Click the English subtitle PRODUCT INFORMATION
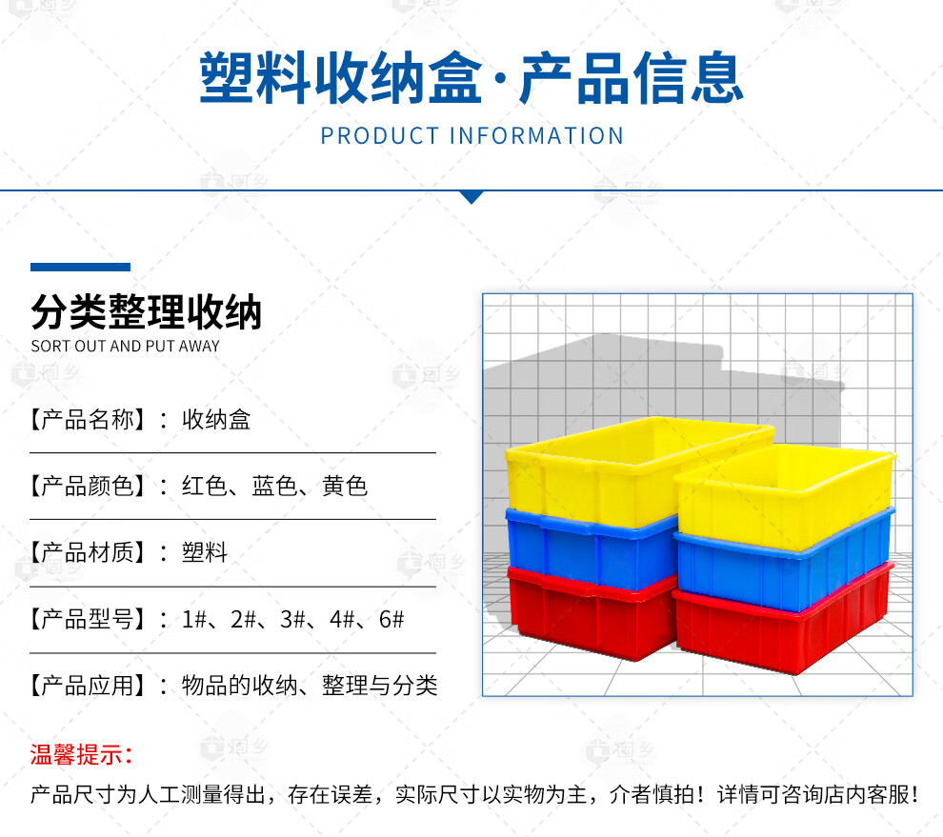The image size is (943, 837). click(x=472, y=136)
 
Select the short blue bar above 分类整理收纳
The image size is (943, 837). click(x=81, y=267)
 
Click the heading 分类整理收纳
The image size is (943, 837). click(x=146, y=312)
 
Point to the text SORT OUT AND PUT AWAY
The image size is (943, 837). click(x=125, y=346)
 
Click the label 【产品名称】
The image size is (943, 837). click(x=88, y=420)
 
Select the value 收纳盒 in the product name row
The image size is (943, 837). click(x=216, y=420)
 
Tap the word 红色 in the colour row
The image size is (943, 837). click(x=205, y=486)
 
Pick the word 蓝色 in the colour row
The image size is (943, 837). click(x=275, y=486)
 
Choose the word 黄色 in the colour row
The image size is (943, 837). click(x=345, y=486)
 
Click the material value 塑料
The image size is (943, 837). click(x=205, y=552)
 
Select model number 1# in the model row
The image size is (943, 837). click(x=194, y=619)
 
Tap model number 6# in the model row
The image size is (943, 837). click(x=391, y=619)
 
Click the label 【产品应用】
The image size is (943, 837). click(x=88, y=686)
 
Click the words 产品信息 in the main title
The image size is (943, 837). click(x=632, y=78)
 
